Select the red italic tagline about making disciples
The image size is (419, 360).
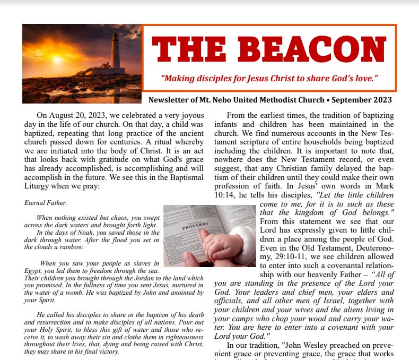point(269,79)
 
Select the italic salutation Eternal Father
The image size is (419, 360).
point(46,203)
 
